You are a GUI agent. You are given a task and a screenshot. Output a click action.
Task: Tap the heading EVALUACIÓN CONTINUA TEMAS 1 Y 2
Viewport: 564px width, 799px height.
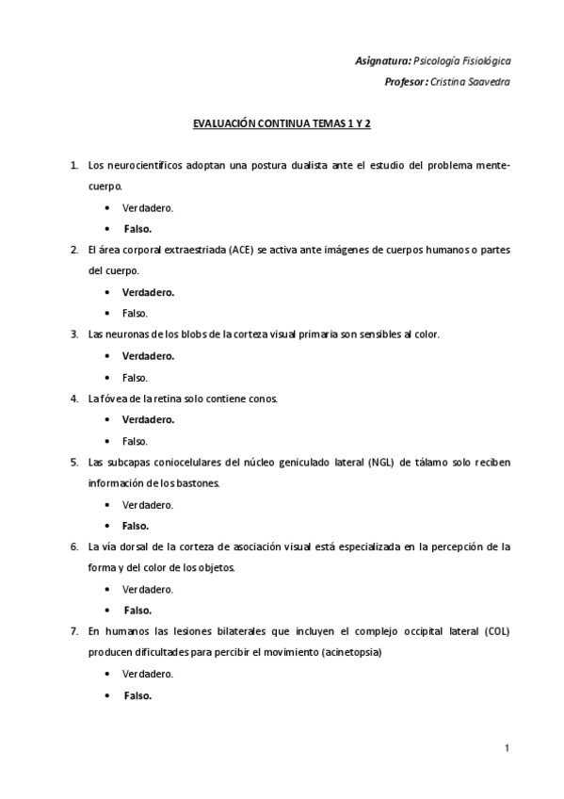(282, 123)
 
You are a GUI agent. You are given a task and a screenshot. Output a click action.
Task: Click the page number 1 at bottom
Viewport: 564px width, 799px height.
(507, 748)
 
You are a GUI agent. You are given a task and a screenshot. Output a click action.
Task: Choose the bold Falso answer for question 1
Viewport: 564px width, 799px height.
(137, 229)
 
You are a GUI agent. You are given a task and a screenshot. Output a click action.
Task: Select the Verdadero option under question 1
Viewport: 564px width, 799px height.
(148, 207)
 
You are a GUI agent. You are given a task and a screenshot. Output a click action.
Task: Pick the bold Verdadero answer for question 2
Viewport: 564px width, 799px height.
(148, 292)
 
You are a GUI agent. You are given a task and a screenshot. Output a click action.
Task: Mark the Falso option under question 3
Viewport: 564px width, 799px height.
(135, 377)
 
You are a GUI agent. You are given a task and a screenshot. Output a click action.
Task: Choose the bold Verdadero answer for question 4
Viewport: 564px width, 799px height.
(148, 419)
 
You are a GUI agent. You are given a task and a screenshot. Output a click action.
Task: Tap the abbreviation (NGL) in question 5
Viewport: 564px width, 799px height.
(380, 462)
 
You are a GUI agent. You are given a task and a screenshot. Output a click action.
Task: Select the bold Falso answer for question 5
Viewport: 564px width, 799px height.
(136, 526)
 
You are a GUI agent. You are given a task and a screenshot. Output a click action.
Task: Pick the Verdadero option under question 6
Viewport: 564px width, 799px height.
(148, 589)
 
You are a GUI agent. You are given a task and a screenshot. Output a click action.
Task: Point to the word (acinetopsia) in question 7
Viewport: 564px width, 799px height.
(352, 653)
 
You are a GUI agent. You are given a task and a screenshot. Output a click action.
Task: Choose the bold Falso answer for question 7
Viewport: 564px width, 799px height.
(137, 695)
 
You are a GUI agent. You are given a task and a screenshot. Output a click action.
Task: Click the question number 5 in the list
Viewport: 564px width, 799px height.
(74, 462)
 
